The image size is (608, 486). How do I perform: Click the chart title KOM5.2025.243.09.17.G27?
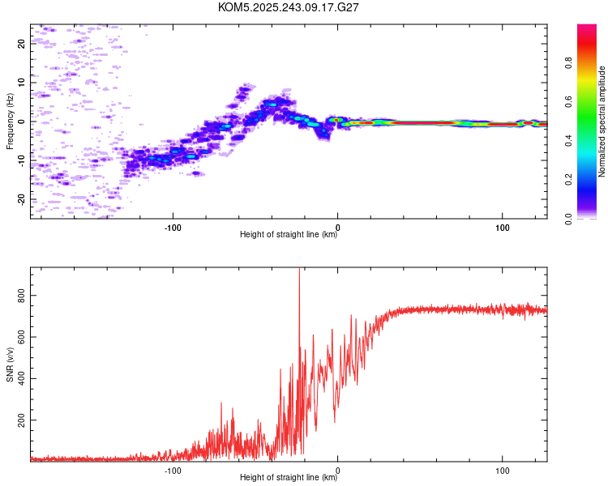(x=289, y=7)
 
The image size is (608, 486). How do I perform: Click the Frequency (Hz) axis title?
(x=10, y=122)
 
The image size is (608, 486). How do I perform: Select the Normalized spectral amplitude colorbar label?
(x=602, y=122)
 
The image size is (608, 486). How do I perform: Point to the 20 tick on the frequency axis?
(x=22, y=44)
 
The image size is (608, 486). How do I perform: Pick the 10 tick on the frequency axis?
(x=22, y=83)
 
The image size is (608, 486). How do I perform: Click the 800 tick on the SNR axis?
(x=22, y=297)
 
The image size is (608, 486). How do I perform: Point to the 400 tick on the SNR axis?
(x=22, y=380)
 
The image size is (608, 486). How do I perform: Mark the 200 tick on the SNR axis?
(x=22, y=421)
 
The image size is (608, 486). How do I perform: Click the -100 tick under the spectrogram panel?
(x=173, y=228)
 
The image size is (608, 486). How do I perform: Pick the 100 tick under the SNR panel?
(x=503, y=471)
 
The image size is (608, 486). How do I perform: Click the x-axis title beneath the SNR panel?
(x=289, y=479)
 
